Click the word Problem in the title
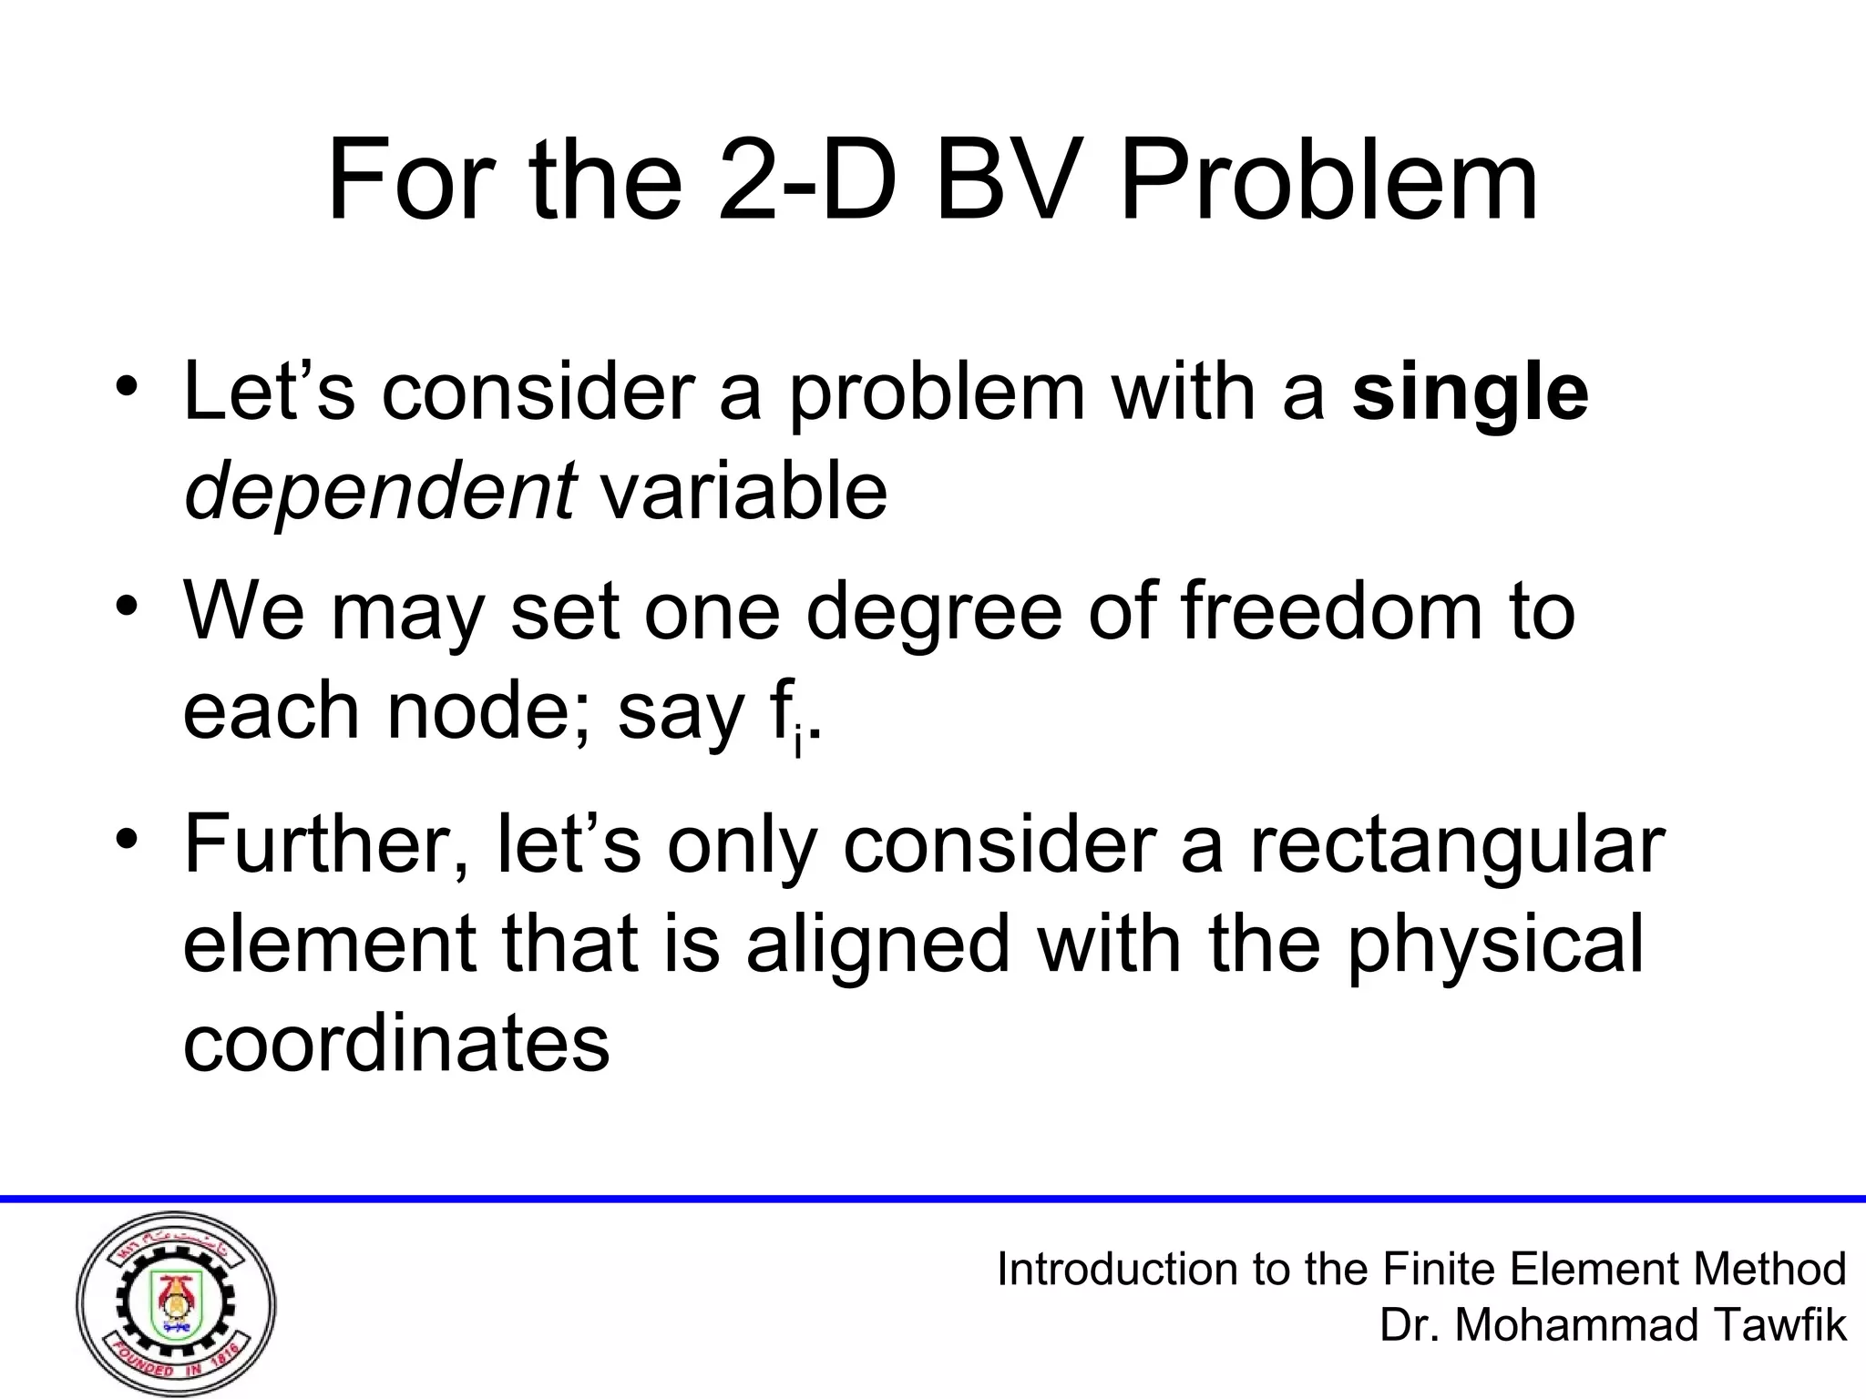coord(1328,181)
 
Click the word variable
coord(743,493)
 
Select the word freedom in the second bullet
coord(1331,611)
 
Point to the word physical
coord(1495,946)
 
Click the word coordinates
coord(396,1043)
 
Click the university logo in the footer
coord(176,1305)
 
